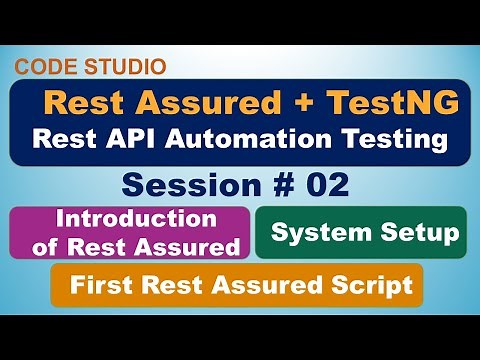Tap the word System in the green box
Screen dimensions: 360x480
(314, 233)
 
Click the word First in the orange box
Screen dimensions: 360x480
(100, 286)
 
